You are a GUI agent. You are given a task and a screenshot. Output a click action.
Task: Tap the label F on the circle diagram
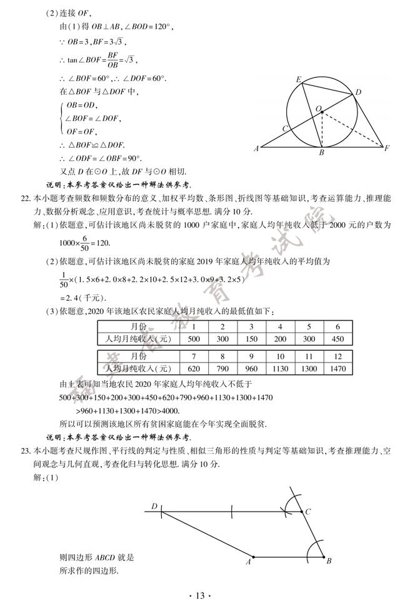pos(387,149)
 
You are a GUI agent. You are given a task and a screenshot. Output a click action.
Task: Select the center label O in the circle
pos(318,109)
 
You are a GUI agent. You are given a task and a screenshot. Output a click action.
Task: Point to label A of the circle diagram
pos(257,149)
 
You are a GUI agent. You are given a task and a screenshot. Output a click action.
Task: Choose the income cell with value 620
pos(194,369)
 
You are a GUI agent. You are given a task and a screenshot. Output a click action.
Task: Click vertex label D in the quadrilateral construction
pos(154,507)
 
